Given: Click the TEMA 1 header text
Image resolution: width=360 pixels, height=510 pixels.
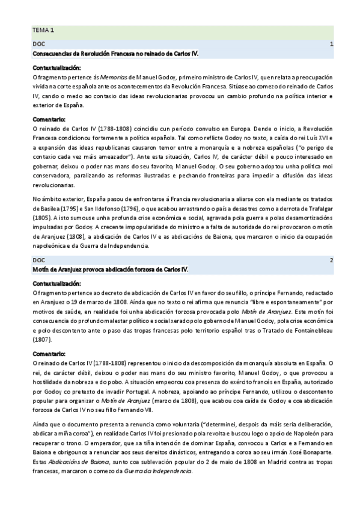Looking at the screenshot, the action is pos(43,29).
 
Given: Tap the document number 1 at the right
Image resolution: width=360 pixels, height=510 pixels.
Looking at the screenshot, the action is pos(332,45).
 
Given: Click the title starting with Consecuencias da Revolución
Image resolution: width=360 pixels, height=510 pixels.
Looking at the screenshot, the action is pos(115,54).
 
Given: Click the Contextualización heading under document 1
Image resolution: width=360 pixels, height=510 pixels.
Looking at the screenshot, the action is pos(56,67).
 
